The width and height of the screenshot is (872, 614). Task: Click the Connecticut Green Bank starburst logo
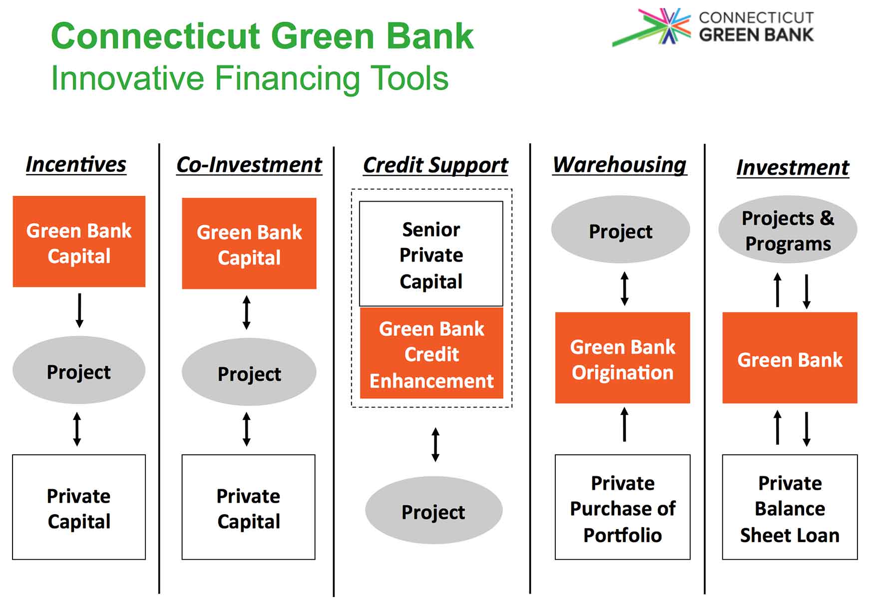pyautogui.click(x=652, y=27)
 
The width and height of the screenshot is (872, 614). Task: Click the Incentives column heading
pyautogui.click(x=76, y=165)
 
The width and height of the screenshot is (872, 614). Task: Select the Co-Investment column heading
pyautogui.click(x=249, y=165)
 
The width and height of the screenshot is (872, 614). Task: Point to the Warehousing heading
pyautogui.click(x=620, y=165)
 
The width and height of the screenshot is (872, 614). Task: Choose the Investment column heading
pyautogui.click(x=793, y=168)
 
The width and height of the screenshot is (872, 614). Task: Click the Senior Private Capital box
pyautogui.click(x=431, y=254)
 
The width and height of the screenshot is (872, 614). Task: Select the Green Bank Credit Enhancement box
pyautogui.click(x=432, y=353)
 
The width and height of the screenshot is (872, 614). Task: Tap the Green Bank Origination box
pyautogui.click(x=623, y=358)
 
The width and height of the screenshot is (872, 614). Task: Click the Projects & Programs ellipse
pyautogui.click(x=788, y=230)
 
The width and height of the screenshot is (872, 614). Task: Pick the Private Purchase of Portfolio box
pyautogui.click(x=623, y=507)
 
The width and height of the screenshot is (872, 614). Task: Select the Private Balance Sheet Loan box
pyautogui.click(x=790, y=507)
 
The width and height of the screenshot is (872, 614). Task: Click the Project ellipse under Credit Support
pyautogui.click(x=434, y=510)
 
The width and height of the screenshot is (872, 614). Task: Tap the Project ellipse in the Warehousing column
pyautogui.click(x=620, y=230)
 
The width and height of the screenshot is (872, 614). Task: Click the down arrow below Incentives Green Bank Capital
pyautogui.click(x=79, y=310)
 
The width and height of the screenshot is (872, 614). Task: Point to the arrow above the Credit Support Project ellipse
pyautogui.click(x=436, y=444)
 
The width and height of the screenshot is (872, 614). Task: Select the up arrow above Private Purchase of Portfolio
pyautogui.click(x=624, y=424)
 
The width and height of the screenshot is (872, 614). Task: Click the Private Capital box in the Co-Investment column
pyautogui.click(x=249, y=507)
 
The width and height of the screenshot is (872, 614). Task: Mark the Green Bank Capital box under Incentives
pyautogui.click(x=79, y=242)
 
